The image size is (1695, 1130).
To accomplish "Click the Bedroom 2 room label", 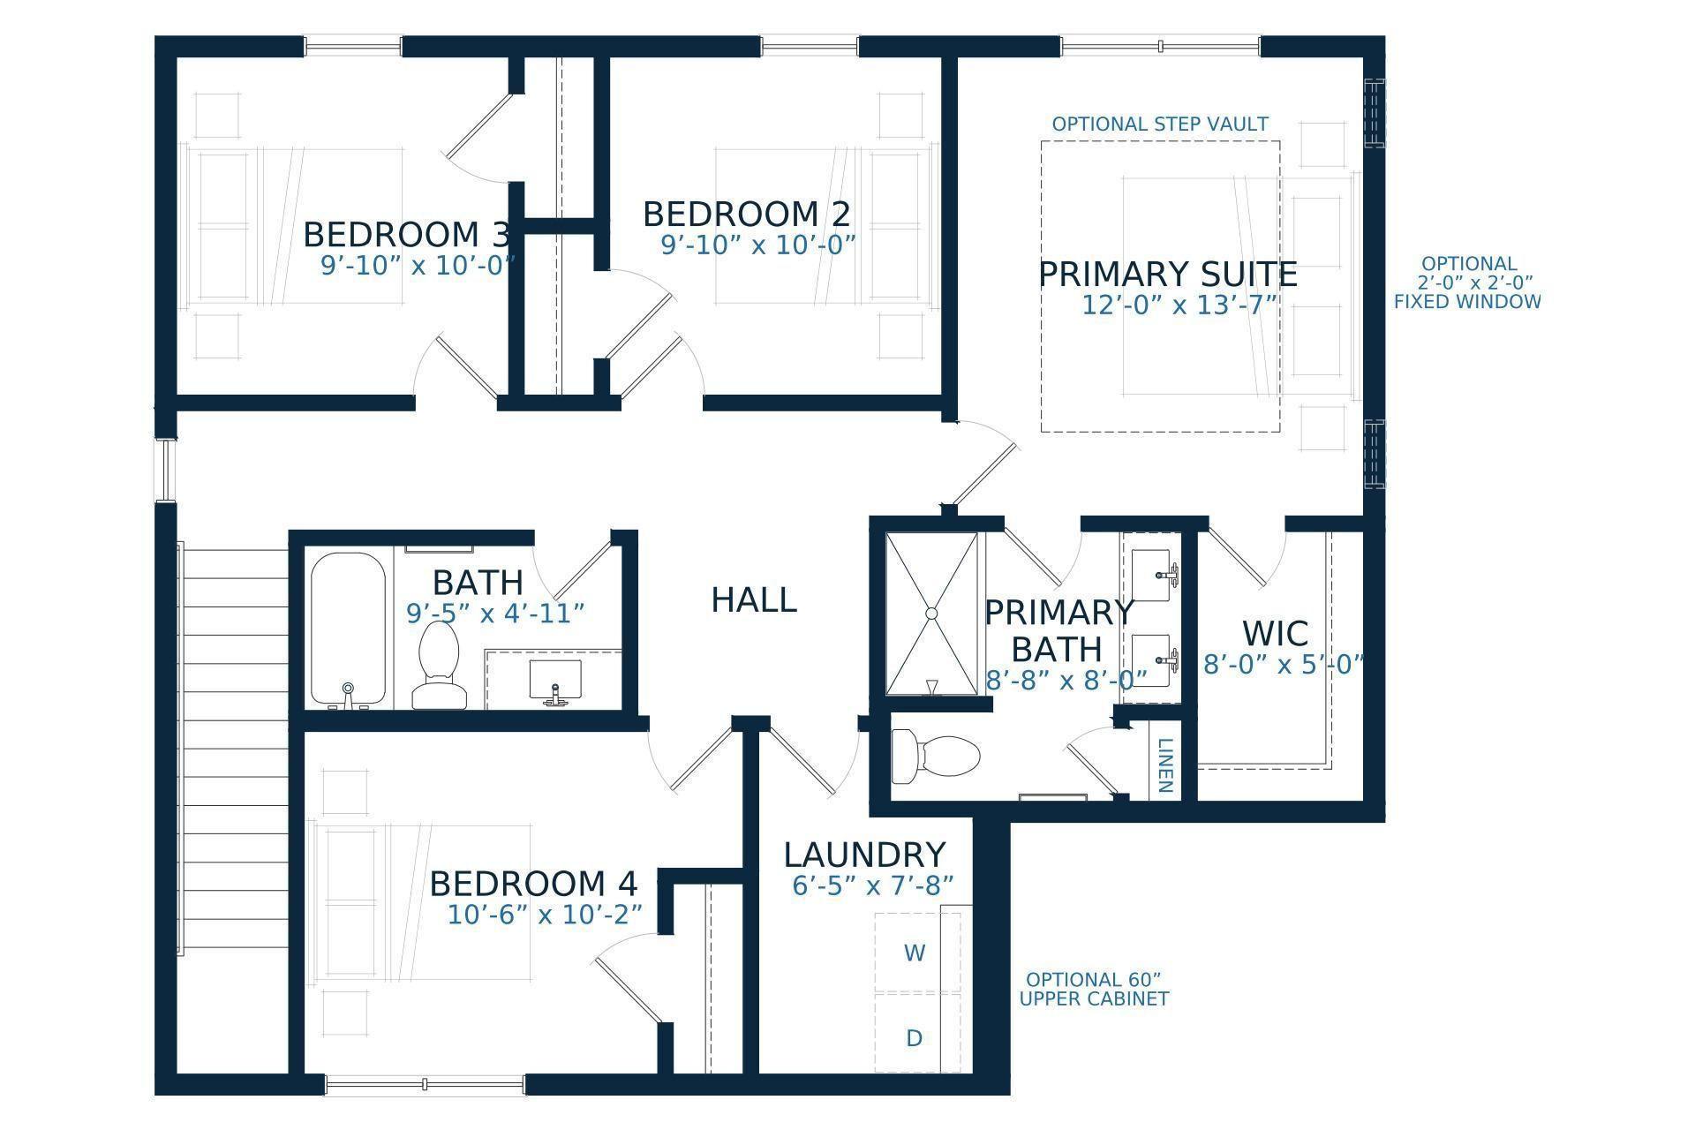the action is [747, 215].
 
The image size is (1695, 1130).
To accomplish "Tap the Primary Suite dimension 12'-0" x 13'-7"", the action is [1180, 305].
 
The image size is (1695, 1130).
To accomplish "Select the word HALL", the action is [754, 600].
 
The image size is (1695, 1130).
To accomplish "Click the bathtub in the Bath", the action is [348, 629].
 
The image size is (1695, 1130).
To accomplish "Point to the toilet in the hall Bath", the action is [439, 665].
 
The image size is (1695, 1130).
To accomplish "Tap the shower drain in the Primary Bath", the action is [931, 613].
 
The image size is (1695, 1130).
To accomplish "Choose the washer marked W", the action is [915, 953].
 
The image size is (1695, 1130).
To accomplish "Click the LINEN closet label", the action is [1164, 765].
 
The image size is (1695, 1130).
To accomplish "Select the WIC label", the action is [1275, 634].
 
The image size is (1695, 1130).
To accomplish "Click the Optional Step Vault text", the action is [1160, 124].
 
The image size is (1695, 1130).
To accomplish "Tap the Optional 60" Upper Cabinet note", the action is [1094, 990].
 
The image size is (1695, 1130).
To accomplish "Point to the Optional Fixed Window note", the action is [1467, 282].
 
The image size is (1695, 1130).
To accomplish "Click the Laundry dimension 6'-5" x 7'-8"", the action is [872, 885].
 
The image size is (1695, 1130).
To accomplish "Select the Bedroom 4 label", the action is [533, 884].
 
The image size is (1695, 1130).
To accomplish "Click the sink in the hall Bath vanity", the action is [554, 680].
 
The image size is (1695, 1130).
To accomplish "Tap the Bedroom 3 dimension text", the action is [418, 265].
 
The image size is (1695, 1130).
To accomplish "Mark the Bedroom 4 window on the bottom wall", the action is [425, 1085].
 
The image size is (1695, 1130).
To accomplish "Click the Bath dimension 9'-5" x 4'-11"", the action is [495, 613].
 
